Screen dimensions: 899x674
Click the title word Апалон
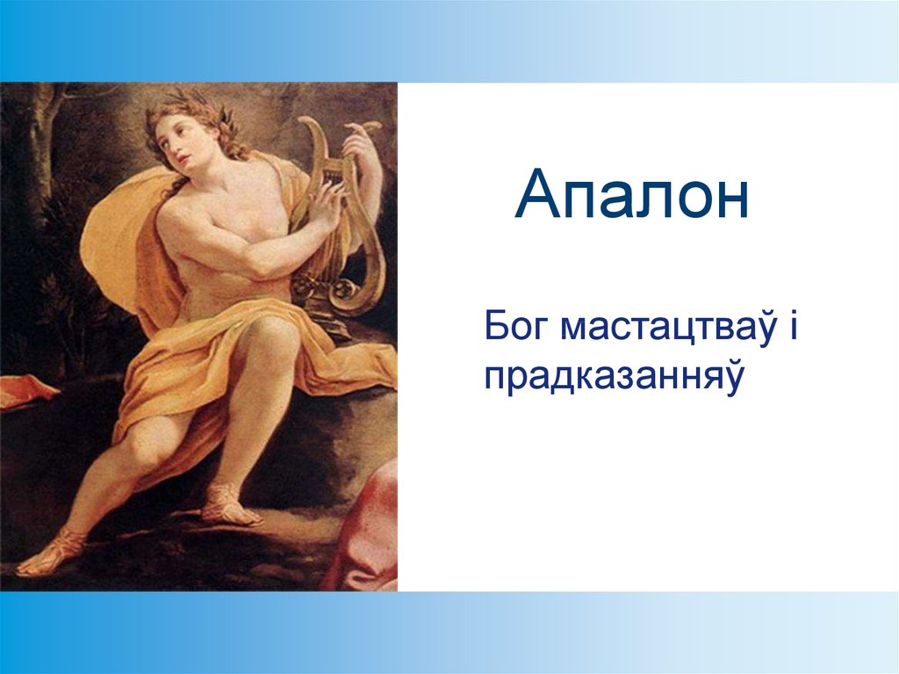pos(632,194)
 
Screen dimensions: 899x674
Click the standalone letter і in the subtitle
pos(793,326)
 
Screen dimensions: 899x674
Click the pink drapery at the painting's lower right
pos(367,528)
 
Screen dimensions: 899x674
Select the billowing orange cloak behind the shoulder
pos(123,241)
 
